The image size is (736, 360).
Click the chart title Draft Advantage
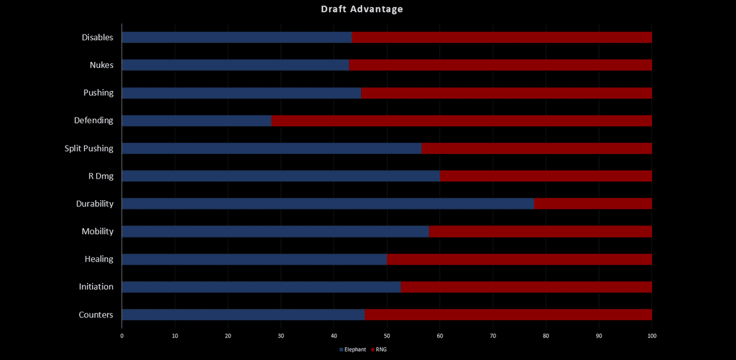362,9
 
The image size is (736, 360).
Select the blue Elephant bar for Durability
328,204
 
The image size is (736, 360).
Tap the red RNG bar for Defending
461,121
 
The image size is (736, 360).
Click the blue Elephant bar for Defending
196,121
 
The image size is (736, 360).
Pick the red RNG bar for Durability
593,204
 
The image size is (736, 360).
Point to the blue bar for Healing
254,259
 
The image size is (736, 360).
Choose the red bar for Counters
508,315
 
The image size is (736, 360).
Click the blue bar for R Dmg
281,176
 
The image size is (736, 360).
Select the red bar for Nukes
500,65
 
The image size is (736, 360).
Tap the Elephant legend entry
352,350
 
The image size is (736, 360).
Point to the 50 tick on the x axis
387,335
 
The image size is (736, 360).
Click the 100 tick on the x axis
651,335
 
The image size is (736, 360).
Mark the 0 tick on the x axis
122,335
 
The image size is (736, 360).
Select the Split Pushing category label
89,148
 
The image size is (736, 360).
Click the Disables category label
97,37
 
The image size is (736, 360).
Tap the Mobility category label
97,231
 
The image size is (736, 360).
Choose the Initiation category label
96,286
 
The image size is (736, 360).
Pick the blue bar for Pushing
241,93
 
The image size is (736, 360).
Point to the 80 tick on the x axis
546,335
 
